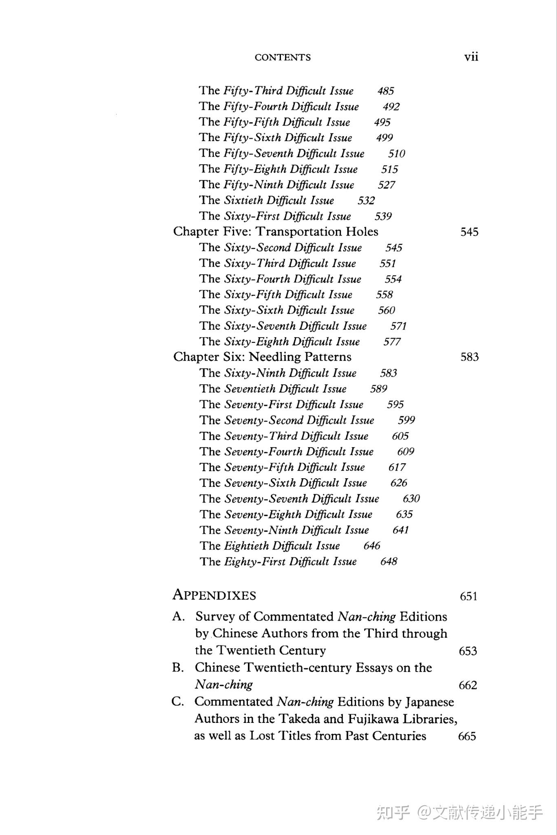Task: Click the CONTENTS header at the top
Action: pyautogui.click(x=283, y=57)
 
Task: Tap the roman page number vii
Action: pyautogui.click(x=471, y=57)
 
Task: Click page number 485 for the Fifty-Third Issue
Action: pyautogui.click(x=385, y=91)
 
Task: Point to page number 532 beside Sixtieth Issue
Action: pyautogui.click(x=366, y=201)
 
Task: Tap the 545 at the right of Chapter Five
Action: pyautogui.click(x=469, y=232)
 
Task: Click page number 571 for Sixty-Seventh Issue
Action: pyautogui.click(x=398, y=326)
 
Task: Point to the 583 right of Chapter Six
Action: pyautogui.click(x=469, y=357)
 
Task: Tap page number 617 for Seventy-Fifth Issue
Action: pyautogui.click(x=397, y=468)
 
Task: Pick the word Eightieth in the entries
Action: pyautogui.click(x=246, y=546)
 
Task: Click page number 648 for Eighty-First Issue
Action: pyautogui.click(x=389, y=562)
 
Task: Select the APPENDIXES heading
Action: pyautogui.click(x=214, y=595)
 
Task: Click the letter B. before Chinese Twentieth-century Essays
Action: pyautogui.click(x=178, y=667)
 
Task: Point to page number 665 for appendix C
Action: pyautogui.click(x=467, y=736)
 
